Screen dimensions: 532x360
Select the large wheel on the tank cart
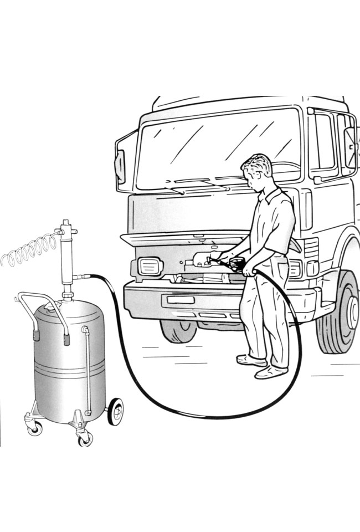point(115,412)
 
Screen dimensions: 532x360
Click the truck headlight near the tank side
point(150,267)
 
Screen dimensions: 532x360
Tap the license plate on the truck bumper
point(178,300)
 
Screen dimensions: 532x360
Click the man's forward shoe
point(271,372)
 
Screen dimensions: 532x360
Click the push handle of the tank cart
point(42,302)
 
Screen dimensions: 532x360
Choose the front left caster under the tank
point(34,427)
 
